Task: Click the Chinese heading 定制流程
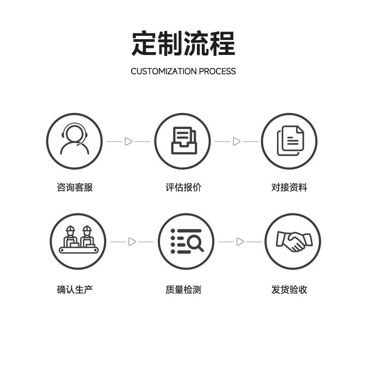pyautogui.click(x=183, y=43)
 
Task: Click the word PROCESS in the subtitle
pyautogui.click(x=217, y=71)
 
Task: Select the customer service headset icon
pyautogui.click(x=74, y=141)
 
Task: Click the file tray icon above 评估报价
pyautogui.click(x=182, y=141)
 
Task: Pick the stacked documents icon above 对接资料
pyautogui.click(x=289, y=141)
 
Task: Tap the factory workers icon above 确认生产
pyautogui.click(x=78, y=241)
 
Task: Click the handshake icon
pyautogui.click(x=293, y=241)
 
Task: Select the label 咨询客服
pyautogui.click(x=75, y=187)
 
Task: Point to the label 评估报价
pyautogui.click(x=183, y=187)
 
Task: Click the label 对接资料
pyautogui.click(x=289, y=187)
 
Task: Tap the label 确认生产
pyautogui.click(x=75, y=290)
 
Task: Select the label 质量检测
pyautogui.click(x=183, y=290)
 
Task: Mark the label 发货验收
pyautogui.click(x=289, y=290)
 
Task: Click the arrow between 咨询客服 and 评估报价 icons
pyautogui.click(x=128, y=141)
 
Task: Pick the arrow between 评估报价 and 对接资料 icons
pyautogui.click(x=237, y=141)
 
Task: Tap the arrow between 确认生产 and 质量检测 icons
pyautogui.click(x=132, y=242)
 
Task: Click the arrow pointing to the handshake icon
pyautogui.click(x=240, y=242)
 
